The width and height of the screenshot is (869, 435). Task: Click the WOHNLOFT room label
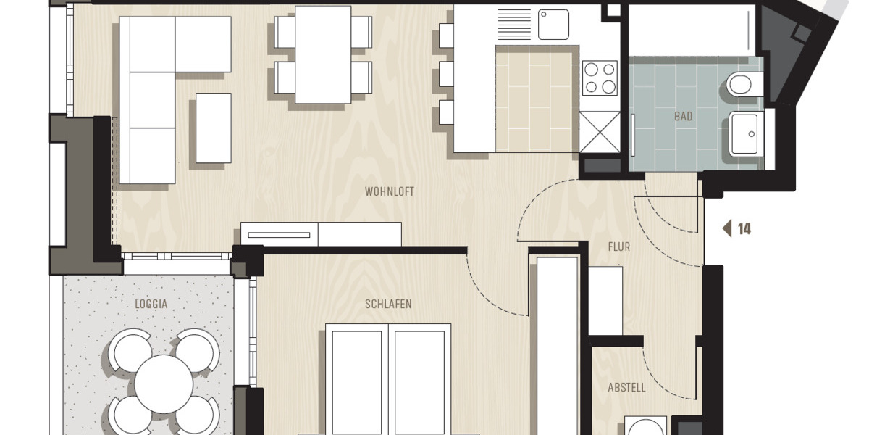coord(390,192)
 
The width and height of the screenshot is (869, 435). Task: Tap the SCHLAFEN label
coord(388,304)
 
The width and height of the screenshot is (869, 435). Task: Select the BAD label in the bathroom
coord(683,117)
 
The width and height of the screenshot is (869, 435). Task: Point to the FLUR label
coord(618,247)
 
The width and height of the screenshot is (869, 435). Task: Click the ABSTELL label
coord(626,388)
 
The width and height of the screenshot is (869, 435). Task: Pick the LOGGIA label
coord(151,304)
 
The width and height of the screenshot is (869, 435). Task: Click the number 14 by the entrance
coord(744,229)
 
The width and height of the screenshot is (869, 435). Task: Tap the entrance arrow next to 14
coord(727,229)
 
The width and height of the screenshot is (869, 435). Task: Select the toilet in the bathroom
coord(743,85)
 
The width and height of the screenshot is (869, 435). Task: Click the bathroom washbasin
coord(744,134)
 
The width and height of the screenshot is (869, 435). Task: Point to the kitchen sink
coord(553,25)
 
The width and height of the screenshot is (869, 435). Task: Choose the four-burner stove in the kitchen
coord(600,78)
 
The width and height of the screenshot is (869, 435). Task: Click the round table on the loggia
coord(164,384)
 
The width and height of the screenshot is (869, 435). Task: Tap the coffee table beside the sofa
coord(214,128)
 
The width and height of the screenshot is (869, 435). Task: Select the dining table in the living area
coord(323,54)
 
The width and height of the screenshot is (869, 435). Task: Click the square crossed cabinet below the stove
coord(600,132)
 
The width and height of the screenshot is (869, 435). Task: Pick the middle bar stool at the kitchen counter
coord(446,74)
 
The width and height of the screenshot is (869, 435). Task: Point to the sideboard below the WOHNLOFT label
coord(322,234)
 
